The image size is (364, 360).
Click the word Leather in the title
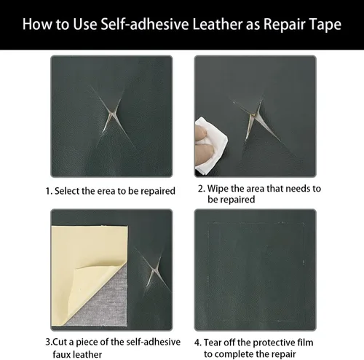pyautogui.click(x=218, y=24)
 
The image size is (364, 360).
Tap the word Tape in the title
pyautogui.click(x=326, y=25)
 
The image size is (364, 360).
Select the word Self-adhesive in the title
pyautogui.click(x=145, y=24)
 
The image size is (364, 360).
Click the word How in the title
pyautogui.click(x=37, y=24)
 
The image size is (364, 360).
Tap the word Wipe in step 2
pyautogui.click(x=218, y=189)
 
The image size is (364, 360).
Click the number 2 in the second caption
pyautogui.click(x=201, y=189)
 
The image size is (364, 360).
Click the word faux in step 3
pyautogui.click(x=62, y=354)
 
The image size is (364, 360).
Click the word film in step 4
pyautogui.click(x=306, y=343)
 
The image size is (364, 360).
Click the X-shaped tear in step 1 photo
pyautogui.click(x=112, y=114)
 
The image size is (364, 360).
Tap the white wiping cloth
pyautogui.click(x=210, y=145)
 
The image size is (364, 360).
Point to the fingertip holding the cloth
pyautogui.click(x=202, y=133)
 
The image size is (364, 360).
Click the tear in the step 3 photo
pyautogui.click(x=154, y=270)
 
